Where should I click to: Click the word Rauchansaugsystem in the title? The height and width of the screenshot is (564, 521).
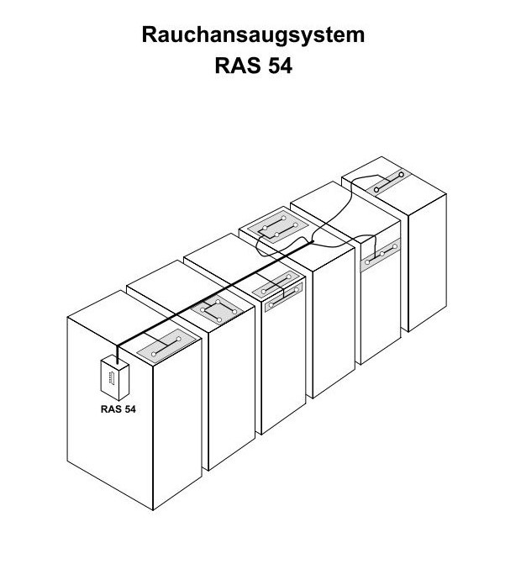[x=253, y=36]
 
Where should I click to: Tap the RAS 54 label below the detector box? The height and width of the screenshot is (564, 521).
[x=113, y=411]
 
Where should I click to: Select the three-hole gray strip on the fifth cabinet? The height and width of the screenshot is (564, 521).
[x=378, y=253]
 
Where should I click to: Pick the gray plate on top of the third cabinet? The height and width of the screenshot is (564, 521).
[x=276, y=289]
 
